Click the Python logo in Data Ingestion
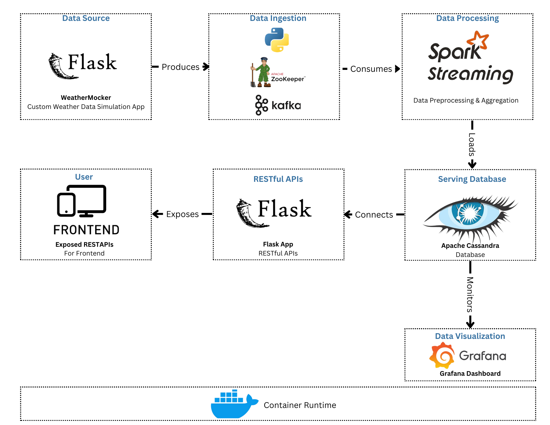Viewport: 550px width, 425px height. pos(277,40)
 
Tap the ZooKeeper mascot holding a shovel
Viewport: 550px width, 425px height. pos(262,72)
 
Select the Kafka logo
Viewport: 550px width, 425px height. pos(278,105)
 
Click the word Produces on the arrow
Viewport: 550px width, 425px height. pos(180,67)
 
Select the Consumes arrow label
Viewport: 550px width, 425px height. pos(371,69)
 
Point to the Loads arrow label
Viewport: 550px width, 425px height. pos(472,144)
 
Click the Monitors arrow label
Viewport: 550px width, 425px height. pos(470,294)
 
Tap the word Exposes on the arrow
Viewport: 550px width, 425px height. pos(182,214)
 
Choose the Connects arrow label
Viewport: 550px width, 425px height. pos(374,215)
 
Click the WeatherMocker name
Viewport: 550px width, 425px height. pos(86,98)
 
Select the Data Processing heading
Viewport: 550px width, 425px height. pos(468,18)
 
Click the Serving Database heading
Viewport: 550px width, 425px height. pos(472,179)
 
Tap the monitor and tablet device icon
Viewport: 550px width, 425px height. pos(82,201)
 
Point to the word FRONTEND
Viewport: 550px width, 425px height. pos(86,230)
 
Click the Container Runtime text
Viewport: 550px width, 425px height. pos(300,405)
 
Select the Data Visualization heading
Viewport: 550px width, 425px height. pos(470,336)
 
